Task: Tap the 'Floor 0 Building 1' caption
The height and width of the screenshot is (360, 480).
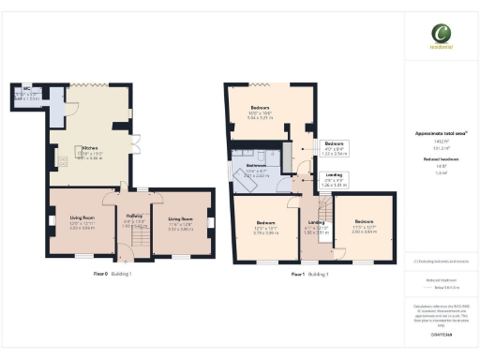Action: (112, 274)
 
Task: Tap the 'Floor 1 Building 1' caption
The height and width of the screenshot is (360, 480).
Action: (309, 274)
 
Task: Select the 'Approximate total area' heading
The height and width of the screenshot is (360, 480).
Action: (437, 134)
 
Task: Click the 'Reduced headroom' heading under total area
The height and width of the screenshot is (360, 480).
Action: (437, 160)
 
